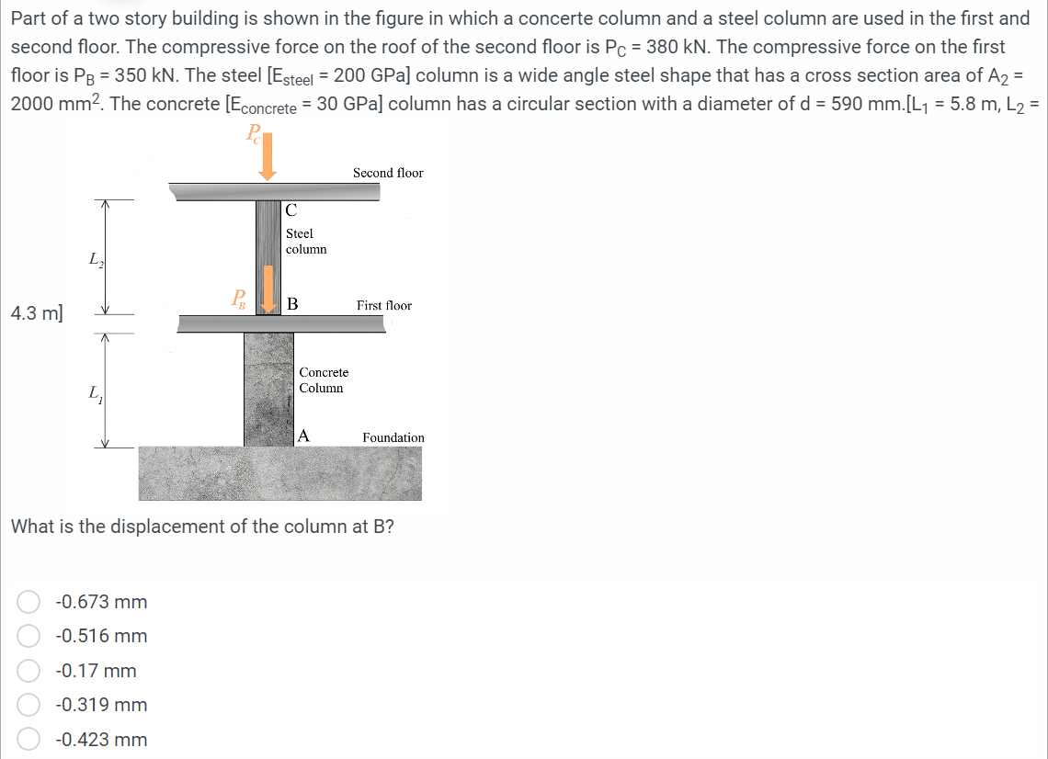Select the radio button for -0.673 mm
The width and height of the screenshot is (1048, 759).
[x=28, y=602]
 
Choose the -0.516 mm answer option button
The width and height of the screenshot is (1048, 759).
[x=28, y=636]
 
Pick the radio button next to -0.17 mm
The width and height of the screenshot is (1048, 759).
[x=28, y=671]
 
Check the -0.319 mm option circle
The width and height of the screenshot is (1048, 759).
[x=28, y=705]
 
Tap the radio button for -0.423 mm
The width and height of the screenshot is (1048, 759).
[x=28, y=740]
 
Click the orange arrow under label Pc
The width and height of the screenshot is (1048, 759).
[x=268, y=162]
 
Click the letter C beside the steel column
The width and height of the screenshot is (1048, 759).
[x=290, y=210]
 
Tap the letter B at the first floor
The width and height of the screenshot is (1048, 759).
[x=292, y=304]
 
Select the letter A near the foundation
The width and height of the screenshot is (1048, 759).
[x=303, y=436]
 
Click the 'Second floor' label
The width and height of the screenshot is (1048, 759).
[x=388, y=173]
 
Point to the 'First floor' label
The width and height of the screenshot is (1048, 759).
[x=384, y=305]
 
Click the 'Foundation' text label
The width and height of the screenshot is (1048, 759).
[x=393, y=437]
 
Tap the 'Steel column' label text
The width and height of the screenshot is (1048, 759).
[x=305, y=242]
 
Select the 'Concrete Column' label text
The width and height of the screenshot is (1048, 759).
[x=323, y=379]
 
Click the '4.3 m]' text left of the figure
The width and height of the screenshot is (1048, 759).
[x=36, y=312]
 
